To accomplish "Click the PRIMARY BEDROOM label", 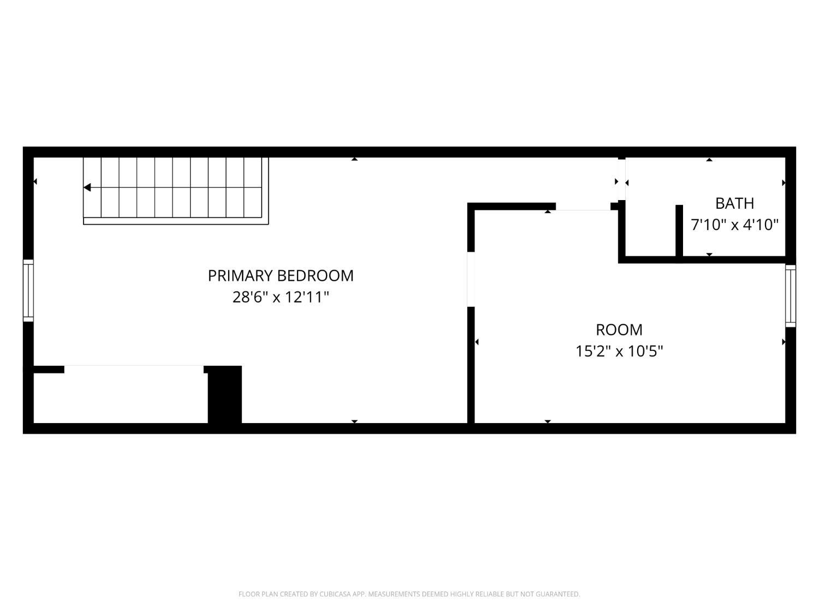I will click(281, 276).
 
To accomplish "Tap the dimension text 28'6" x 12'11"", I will click(281, 297).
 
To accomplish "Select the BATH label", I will click(734, 203).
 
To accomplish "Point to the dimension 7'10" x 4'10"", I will click(734, 225).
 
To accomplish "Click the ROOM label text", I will click(619, 330).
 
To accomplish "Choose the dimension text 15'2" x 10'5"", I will click(619, 351).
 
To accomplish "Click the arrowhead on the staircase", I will click(87, 188).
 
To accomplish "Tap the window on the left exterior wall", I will click(28, 290).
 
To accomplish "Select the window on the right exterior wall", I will click(790, 296).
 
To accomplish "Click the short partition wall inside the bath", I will click(679, 231).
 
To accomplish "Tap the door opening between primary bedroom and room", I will click(471, 279).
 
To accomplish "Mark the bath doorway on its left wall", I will click(621, 180).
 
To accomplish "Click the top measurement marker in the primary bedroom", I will click(354, 159).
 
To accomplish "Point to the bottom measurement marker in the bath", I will click(709, 254).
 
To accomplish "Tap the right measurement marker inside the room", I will click(784, 342).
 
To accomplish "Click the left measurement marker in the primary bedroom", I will click(35, 181).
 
